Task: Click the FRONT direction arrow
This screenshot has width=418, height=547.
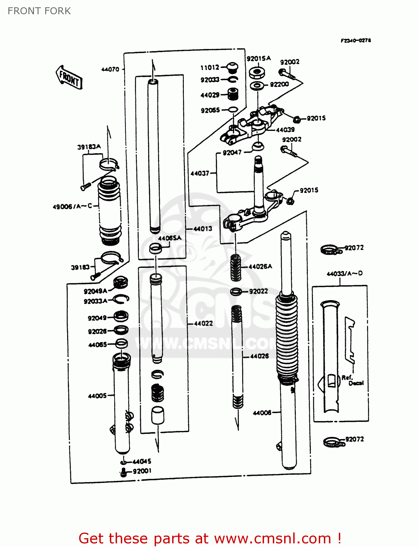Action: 69,77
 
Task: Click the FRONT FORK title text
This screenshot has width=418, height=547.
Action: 39,11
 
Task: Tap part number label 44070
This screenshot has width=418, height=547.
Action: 110,69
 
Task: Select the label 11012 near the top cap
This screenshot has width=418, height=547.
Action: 210,67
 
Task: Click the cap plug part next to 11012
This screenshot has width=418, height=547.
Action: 232,67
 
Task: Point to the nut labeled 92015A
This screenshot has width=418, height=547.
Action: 257,72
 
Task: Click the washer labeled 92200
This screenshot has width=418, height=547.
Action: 257,86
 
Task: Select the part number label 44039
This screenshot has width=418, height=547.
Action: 285,130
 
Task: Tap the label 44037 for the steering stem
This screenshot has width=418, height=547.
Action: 200,174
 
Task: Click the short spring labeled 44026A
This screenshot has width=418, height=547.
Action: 236,268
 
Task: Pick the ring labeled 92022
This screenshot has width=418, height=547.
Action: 236,291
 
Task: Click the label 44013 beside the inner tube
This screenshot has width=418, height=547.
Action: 202,229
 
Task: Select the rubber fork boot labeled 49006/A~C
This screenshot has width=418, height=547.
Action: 109,210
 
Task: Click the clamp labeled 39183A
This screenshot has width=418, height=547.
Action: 108,164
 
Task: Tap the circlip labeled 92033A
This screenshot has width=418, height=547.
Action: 121,299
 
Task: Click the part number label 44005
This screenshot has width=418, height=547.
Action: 97,396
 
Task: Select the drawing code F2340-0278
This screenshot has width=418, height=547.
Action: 356,40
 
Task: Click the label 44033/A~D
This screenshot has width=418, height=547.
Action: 344,273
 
